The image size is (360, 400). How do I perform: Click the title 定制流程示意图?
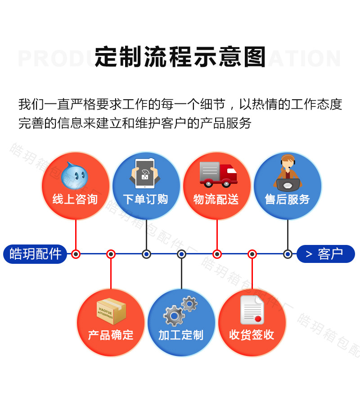coord(180,57)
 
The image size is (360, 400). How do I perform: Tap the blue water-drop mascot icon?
coord(74,175)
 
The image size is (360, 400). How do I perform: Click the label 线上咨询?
coord(75,199)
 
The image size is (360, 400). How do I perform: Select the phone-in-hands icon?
coord(145,173)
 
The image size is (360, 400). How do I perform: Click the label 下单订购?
coord(145,199)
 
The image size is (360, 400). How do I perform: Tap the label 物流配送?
coord(216,199)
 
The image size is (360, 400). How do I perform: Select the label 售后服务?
coord(287,199)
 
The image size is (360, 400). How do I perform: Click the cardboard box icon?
coord(111,311)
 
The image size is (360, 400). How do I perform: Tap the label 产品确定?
coord(111,335)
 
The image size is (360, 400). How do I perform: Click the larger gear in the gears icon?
coord(174,316)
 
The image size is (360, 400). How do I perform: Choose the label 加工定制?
coord(181,335)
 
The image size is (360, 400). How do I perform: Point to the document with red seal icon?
coord(252,310)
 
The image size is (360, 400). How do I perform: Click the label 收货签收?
coord(252,335)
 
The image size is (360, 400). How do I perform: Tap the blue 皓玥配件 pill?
coord(35,254)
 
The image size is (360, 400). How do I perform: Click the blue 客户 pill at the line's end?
coord(326,254)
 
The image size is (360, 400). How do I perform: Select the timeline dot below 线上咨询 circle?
coord(76,254)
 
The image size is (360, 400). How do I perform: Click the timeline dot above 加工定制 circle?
coord(181,254)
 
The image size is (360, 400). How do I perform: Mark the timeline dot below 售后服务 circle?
coord(288,254)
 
